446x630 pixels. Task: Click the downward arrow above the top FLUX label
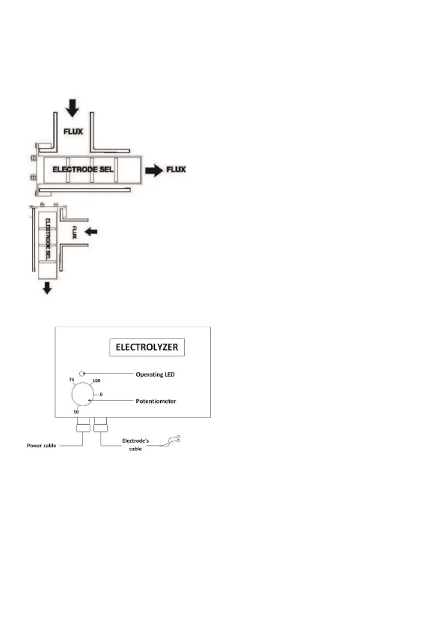point(72,108)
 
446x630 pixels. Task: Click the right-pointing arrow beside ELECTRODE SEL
point(154,171)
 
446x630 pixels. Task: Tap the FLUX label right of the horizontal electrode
point(176,170)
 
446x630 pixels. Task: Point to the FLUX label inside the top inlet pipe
point(73,132)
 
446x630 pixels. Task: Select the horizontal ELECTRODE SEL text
point(83,169)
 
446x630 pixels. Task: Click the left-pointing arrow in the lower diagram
point(91,232)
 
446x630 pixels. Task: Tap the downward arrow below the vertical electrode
point(47,288)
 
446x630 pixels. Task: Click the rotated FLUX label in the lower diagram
point(74,232)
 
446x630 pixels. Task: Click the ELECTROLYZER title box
point(147,347)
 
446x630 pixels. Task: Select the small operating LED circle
point(82,373)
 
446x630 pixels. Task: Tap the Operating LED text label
point(155,374)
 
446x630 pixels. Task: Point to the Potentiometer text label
point(156,401)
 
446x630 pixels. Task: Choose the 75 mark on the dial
point(72,380)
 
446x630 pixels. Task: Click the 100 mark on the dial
point(96,381)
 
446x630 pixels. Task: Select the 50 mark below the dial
point(76,412)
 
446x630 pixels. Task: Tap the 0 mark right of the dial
point(101,394)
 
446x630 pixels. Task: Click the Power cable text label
point(42,446)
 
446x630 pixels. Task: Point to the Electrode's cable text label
point(136,445)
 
